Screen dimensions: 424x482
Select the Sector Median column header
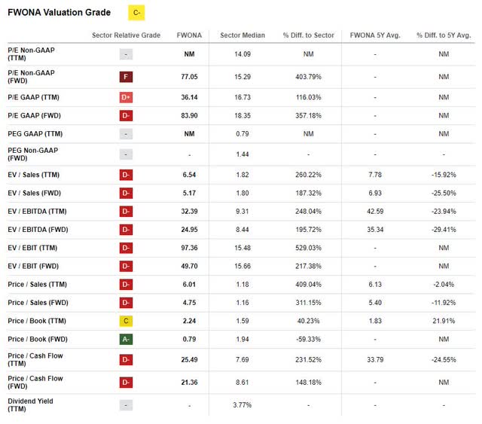240,35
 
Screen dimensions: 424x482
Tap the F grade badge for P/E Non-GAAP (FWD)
127,76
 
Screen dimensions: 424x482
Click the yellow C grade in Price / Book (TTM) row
127,322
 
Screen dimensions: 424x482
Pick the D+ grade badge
127,97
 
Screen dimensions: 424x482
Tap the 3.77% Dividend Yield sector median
240,405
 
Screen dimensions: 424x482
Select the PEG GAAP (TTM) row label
38,134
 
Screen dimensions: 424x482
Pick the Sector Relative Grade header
126,35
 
